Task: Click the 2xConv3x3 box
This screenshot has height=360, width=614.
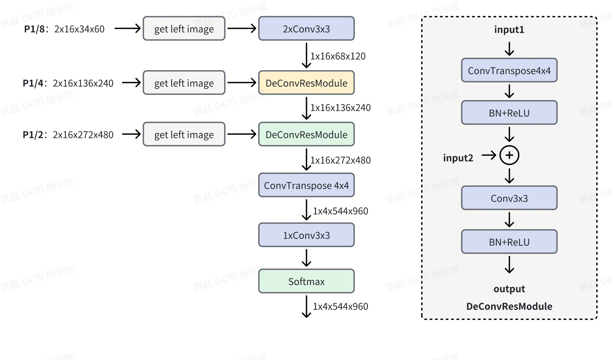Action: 306,29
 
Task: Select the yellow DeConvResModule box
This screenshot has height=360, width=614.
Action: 306,83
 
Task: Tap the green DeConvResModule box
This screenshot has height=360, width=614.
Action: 306,134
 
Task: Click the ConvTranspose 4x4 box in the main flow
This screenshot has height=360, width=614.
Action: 306,185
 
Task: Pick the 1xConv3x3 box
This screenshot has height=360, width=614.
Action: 306,235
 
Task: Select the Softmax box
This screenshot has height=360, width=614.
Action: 306,281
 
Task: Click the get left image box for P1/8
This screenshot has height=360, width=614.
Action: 184,29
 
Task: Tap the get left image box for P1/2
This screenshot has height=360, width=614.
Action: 184,134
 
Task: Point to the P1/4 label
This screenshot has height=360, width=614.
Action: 33,83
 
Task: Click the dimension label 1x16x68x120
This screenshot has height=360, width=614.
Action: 338,56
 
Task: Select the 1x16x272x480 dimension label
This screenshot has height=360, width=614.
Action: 340,160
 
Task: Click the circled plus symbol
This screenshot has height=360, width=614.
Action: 509,155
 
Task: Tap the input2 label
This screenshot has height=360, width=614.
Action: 458,158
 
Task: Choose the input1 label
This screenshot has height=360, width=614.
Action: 509,30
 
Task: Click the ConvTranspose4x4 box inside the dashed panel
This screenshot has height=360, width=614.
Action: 509,71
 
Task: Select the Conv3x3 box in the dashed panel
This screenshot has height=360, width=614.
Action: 509,198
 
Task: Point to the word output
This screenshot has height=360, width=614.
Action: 509,289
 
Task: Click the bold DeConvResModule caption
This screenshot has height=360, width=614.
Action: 509,306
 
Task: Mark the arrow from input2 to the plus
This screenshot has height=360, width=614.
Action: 489,155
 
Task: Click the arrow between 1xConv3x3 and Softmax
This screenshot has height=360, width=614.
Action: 306,258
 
